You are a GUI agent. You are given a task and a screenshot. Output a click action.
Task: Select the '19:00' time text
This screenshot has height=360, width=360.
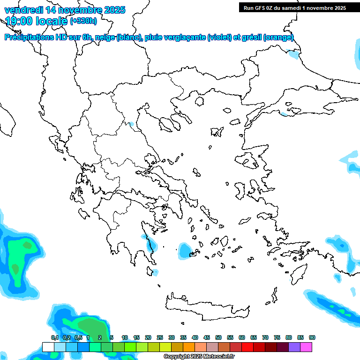coord(19,21)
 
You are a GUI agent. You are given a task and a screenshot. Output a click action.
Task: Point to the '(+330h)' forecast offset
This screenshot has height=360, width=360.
coord(83,21)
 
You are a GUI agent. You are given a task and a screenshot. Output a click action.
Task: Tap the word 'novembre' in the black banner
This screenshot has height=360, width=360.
coord(319,8)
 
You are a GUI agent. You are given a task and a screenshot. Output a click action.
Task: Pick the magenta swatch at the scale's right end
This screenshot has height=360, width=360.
coord(306,347)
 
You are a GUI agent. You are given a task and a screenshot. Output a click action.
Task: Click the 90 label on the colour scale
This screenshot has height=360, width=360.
coord(312,337)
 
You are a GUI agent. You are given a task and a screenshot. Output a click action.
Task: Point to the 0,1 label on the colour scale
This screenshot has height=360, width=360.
coord(54,337)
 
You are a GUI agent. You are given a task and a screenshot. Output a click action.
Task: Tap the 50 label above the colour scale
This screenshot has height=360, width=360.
coord(218,337)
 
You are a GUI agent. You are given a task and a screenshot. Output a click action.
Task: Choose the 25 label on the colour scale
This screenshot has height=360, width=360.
coord(160,337)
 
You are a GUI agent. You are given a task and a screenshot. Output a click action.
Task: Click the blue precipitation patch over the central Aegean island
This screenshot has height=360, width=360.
coord(185,251)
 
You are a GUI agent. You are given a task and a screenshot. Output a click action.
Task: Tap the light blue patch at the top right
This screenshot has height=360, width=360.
coord(294,54)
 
